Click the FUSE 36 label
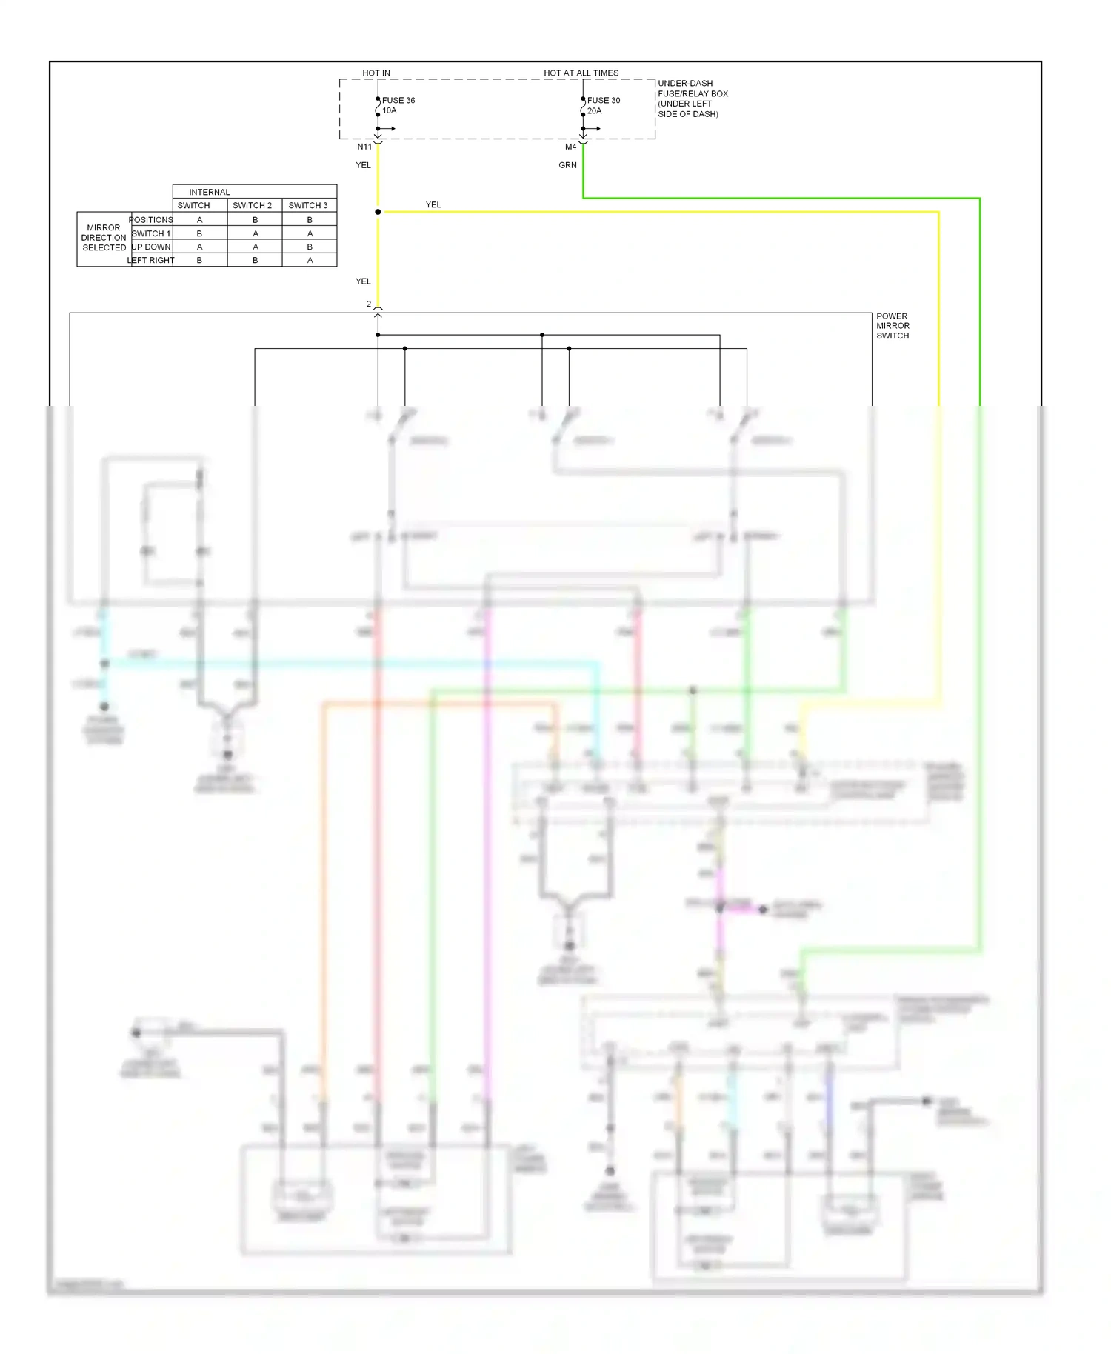pyautogui.click(x=398, y=100)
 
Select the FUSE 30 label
pyautogui.click(x=603, y=100)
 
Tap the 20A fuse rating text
pyautogui.click(x=594, y=111)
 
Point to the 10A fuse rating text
pyautogui.click(x=389, y=111)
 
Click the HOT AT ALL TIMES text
pyautogui.click(x=581, y=73)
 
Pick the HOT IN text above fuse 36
pyautogui.click(x=376, y=73)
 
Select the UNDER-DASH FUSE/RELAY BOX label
pyautogui.click(x=692, y=99)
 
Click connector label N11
pyautogui.click(x=364, y=147)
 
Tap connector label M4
pyautogui.click(x=570, y=147)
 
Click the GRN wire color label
pyautogui.click(x=567, y=165)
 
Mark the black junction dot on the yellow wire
pyautogui.click(x=378, y=212)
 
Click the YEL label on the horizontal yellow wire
pyautogui.click(x=433, y=204)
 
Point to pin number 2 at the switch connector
pyautogui.click(x=369, y=304)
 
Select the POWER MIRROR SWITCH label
pyautogui.click(x=893, y=326)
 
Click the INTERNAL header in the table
pyautogui.click(x=209, y=192)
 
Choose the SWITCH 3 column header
pyautogui.click(x=308, y=205)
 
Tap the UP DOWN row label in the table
pyautogui.click(x=151, y=247)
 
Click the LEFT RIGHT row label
pyautogui.click(x=151, y=260)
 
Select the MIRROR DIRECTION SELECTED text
pyautogui.click(x=104, y=238)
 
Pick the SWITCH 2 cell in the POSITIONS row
pyautogui.click(x=255, y=220)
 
